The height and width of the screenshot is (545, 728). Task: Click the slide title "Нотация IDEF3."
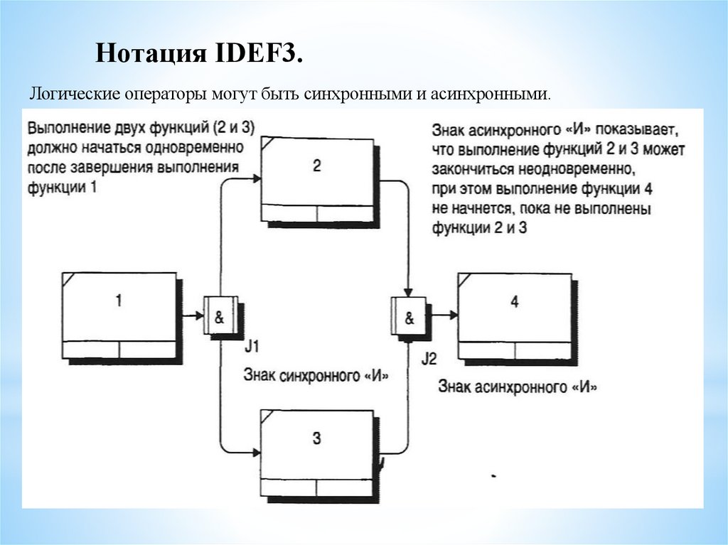(199, 54)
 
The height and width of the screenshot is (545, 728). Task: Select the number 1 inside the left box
(119, 301)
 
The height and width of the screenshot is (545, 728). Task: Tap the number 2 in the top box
(316, 166)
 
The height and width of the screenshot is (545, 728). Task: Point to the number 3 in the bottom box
(316, 438)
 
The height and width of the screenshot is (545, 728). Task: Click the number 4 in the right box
(515, 301)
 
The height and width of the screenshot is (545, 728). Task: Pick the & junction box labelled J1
(220, 316)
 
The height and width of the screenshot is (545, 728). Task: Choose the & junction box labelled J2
(409, 316)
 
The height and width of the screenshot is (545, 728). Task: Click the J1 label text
(252, 347)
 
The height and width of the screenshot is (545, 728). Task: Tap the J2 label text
(429, 358)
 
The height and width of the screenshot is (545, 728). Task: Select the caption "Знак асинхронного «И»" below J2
(518, 387)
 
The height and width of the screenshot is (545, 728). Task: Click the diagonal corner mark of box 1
(68, 279)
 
